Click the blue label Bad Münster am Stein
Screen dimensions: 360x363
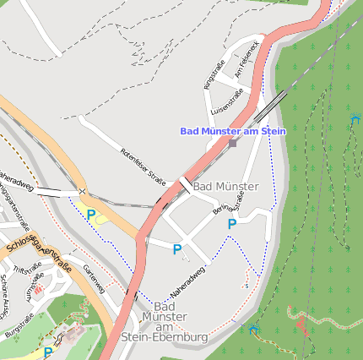click(x=233, y=131)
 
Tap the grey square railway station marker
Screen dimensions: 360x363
click(x=232, y=143)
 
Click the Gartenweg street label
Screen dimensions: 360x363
click(x=94, y=278)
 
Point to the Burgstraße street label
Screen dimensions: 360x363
click(x=19, y=326)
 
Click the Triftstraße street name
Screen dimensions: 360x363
click(x=29, y=268)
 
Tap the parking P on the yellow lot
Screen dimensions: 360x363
click(x=91, y=215)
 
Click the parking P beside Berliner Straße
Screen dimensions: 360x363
click(x=231, y=224)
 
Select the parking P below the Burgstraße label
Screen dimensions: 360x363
click(x=47, y=352)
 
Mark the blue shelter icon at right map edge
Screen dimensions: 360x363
click(x=355, y=119)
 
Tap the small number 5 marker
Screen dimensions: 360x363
click(x=247, y=286)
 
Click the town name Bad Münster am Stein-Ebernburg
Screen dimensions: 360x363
click(x=165, y=321)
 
